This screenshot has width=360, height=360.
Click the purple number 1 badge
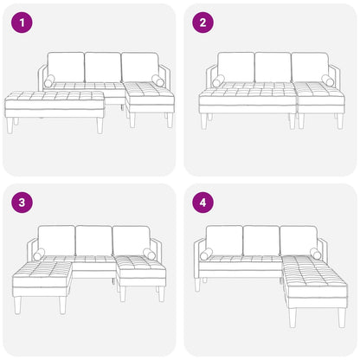[22, 23]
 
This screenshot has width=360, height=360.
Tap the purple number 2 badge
[203, 23]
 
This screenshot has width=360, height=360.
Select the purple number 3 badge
[22, 204]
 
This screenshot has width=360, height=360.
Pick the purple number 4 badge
[203, 204]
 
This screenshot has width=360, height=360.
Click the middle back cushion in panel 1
[103, 67]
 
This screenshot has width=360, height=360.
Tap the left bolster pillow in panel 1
[48, 80]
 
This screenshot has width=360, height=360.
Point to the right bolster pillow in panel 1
[157, 80]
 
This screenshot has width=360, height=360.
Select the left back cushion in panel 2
[235, 67]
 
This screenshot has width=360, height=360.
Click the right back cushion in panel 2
[309, 67]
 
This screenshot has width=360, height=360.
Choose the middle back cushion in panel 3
[93, 241]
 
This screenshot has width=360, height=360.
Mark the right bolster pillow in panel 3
[149, 254]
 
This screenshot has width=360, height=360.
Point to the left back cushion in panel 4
[224, 240]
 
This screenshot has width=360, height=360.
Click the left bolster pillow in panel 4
[206, 254]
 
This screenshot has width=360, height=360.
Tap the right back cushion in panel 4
[299, 240]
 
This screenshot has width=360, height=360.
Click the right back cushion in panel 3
[131, 241]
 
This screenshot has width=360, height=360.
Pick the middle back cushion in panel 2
[273, 67]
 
